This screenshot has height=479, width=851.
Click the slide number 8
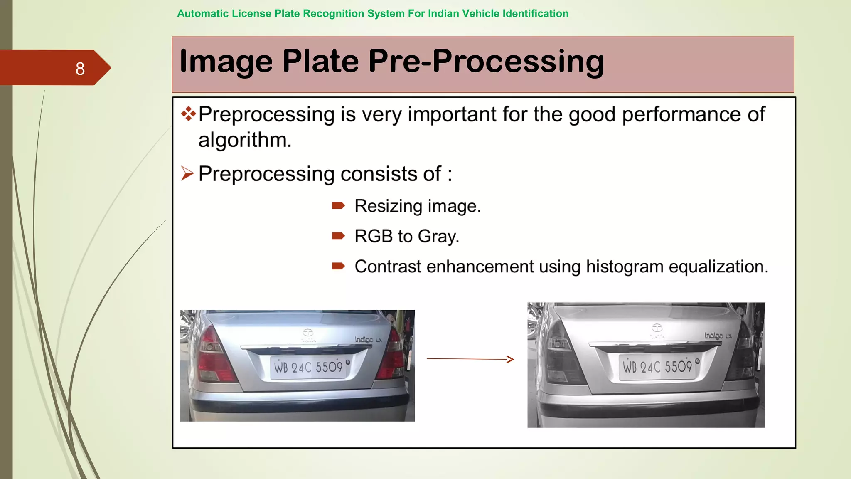[x=80, y=69]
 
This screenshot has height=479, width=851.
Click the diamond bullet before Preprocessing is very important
[x=188, y=114]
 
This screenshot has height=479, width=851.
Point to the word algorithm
[x=244, y=140]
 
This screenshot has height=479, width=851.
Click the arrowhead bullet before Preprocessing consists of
[x=187, y=173]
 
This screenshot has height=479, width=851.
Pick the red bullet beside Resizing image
[x=338, y=205]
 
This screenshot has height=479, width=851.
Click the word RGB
[x=373, y=236]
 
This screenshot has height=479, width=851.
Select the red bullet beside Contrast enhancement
[x=338, y=266]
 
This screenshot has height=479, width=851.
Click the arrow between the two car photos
[x=470, y=359]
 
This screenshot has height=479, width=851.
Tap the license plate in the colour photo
[x=308, y=367]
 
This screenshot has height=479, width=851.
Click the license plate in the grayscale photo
[x=657, y=367]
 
